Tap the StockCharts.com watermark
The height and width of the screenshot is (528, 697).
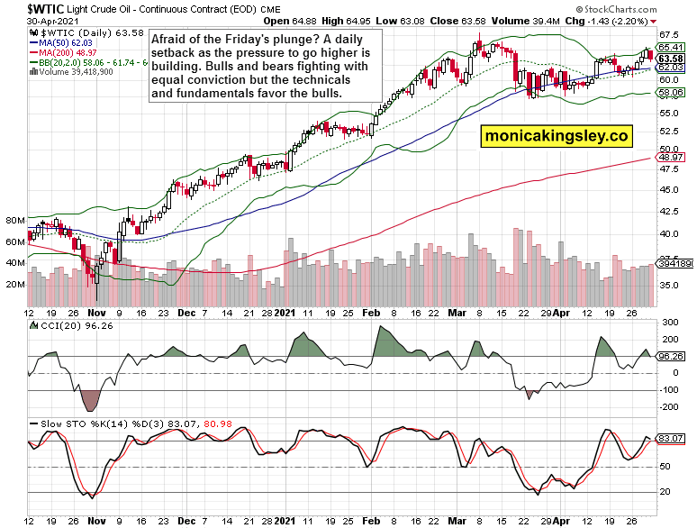(649, 6)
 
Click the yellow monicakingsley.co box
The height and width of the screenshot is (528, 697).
(555, 136)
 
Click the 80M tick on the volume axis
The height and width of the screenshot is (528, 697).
(14, 220)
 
